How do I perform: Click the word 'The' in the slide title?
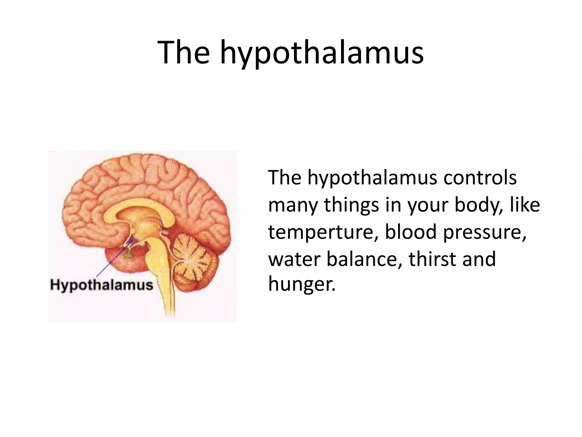coord(183,53)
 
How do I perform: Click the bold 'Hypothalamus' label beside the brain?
coord(101,285)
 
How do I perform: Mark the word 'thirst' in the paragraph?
coord(432,259)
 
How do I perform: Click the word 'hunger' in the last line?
coord(301,285)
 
